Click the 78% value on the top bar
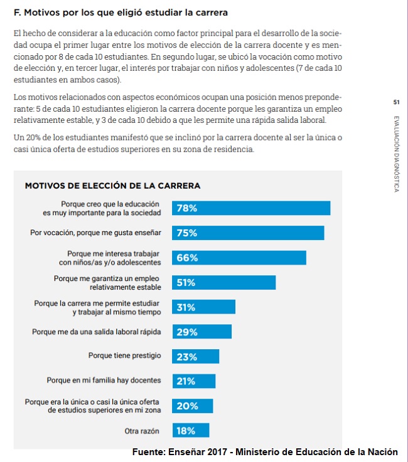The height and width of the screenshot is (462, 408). click(187, 209)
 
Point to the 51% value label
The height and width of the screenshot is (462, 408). click(186, 283)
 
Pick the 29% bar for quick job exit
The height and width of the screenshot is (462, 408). click(201, 332)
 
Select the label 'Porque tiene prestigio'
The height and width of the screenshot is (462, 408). click(125, 356)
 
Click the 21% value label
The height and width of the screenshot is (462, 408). click(186, 381)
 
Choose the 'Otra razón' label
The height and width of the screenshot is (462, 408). click(142, 431)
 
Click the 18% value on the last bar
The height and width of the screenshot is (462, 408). click(186, 431)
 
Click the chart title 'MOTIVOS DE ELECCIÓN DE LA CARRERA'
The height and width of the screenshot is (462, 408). click(112, 186)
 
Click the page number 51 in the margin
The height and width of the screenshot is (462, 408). click(396, 102)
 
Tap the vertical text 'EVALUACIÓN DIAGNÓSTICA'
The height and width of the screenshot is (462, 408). click(396, 154)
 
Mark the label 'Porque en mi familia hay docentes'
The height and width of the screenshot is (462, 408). click(104, 381)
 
